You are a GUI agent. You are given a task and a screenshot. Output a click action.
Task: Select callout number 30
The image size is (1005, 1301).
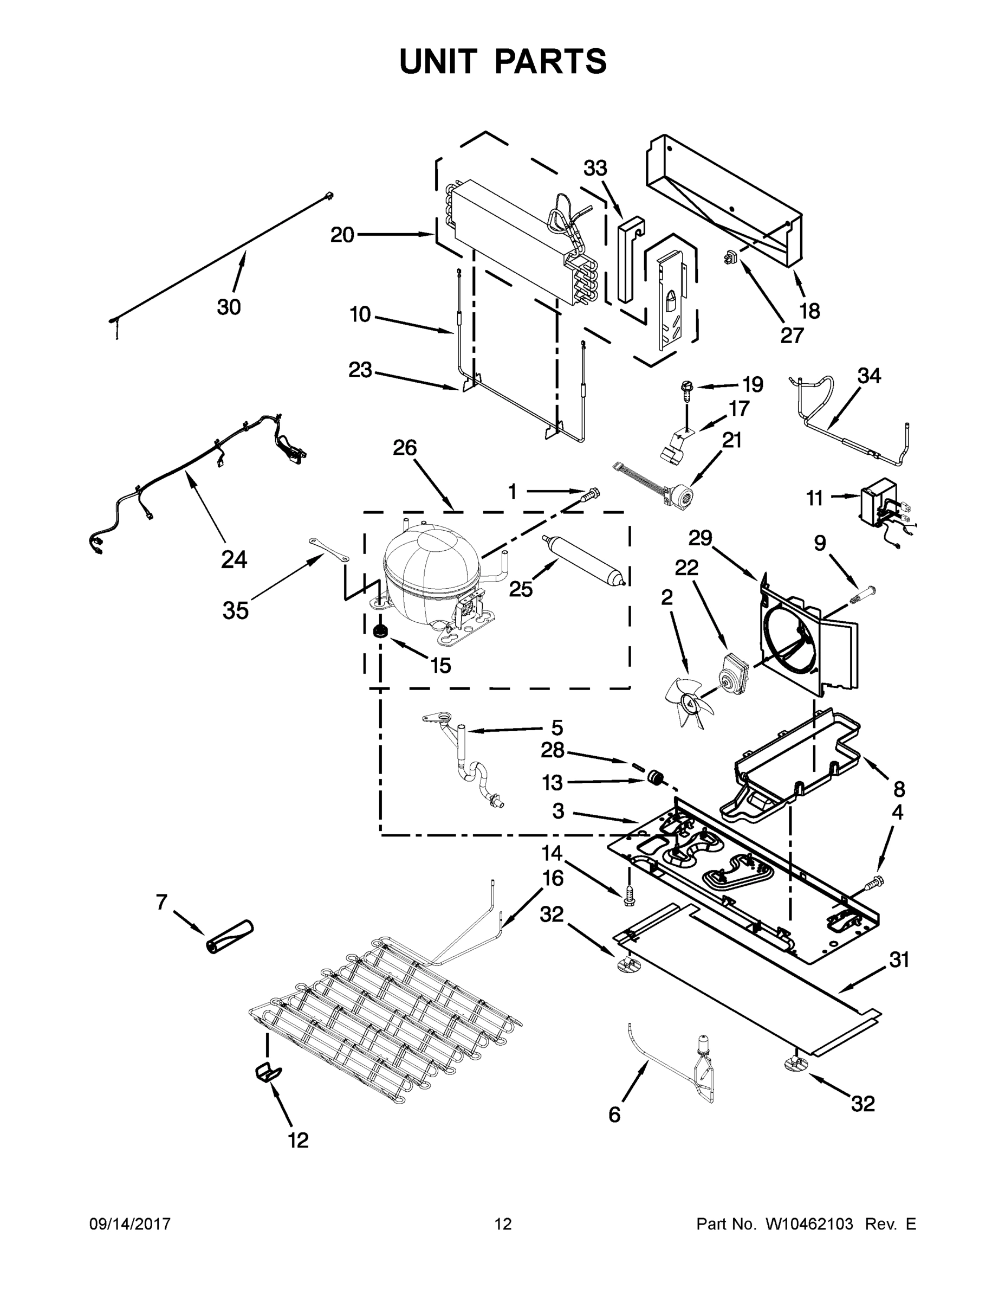pyautogui.click(x=229, y=307)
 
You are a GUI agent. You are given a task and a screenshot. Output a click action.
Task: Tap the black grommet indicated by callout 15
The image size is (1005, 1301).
pyautogui.click(x=377, y=631)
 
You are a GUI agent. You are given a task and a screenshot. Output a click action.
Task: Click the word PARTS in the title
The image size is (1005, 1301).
pyautogui.click(x=550, y=62)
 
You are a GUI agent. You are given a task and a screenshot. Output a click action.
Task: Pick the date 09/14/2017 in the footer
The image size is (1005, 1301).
pyautogui.click(x=130, y=1223)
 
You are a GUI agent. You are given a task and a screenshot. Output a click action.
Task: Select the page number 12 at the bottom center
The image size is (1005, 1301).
pyautogui.click(x=503, y=1223)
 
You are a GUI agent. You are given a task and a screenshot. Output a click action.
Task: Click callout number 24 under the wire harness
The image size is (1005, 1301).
pyautogui.click(x=234, y=559)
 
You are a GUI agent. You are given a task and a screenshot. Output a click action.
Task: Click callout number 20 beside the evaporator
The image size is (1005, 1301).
pyautogui.click(x=342, y=235)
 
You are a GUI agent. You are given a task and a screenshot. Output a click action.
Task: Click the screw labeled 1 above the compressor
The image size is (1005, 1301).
pyautogui.click(x=591, y=493)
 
